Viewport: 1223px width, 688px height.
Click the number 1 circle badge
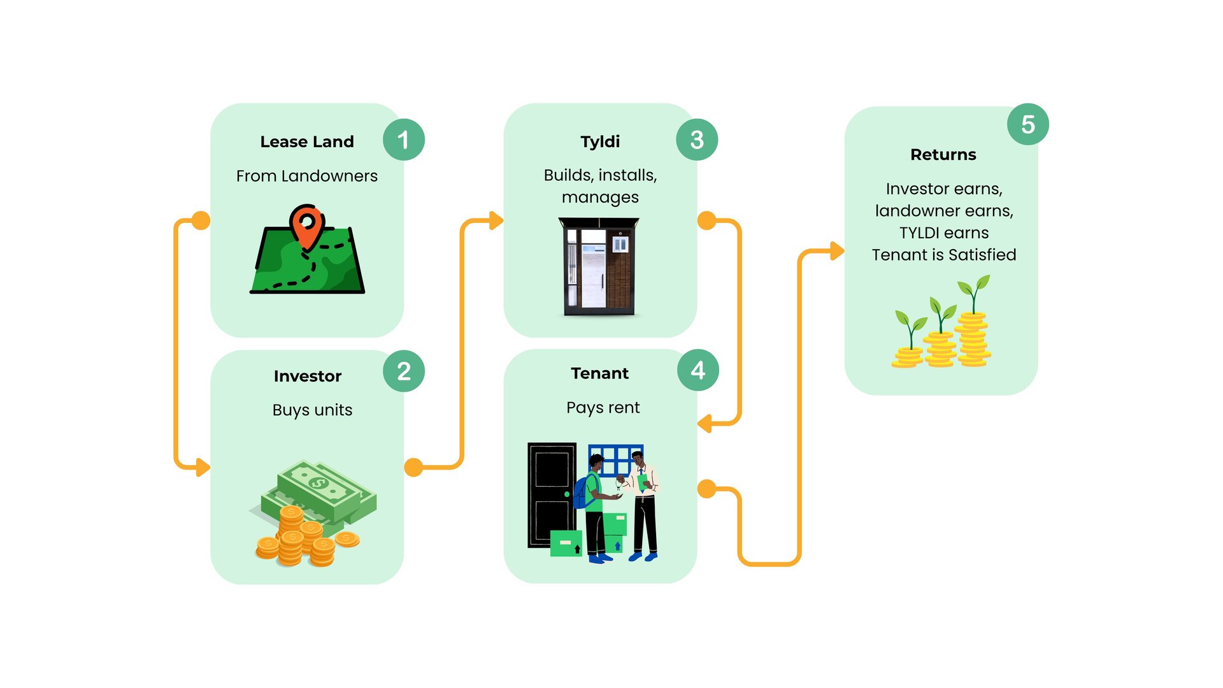pos(403,140)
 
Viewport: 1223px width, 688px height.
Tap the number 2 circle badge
pos(403,371)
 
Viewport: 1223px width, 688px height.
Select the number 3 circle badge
pos(696,140)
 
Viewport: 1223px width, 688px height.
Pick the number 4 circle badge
pos(697,370)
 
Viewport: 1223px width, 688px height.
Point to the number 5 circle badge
pos(1027,124)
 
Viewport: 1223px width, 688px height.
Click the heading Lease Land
pos(307,141)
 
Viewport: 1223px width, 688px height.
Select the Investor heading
pos(308,376)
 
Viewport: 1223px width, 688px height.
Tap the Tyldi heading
pos(600,141)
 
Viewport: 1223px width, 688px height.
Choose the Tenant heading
pos(600,373)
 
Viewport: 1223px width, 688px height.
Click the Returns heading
pos(943,155)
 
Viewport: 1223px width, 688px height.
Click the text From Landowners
pos(307,176)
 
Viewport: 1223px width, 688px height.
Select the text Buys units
pos(312,410)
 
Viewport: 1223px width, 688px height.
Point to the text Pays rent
pos(603,408)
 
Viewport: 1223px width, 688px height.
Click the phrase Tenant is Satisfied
pos(943,255)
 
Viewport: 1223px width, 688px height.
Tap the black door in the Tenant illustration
pos(551,494)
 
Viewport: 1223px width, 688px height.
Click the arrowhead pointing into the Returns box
pos(837,251)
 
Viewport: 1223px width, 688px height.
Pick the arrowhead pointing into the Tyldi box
pos(496,221)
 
